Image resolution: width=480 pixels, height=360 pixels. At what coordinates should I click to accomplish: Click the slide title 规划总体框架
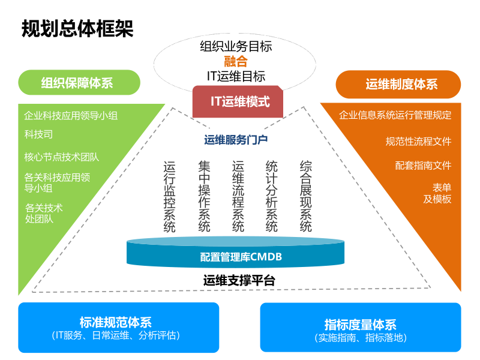[77, 29]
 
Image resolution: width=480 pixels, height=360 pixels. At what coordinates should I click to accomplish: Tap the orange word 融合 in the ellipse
[236, 61]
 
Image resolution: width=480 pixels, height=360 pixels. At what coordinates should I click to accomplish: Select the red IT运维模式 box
[240, 101]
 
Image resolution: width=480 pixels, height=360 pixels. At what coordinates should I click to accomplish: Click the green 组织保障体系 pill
[79, 83]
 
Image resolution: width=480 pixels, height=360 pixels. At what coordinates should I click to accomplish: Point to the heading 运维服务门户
[236, 140]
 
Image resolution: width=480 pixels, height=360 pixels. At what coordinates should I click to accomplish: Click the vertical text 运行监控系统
[170, 196]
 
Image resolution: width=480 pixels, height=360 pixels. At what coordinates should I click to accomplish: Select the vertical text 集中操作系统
[205, 196]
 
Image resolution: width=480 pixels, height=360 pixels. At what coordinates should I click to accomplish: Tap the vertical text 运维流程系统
[238, 196]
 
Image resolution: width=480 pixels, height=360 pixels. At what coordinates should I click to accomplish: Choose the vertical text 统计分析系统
[272, 196]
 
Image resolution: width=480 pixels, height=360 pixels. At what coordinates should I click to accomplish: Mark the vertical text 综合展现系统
[306, 196]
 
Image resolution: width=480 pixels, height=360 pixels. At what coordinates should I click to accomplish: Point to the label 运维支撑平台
[239, 280]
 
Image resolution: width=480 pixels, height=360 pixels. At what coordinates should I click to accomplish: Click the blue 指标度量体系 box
[360, 328]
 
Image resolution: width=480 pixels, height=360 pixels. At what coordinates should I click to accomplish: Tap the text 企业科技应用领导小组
[71, 115]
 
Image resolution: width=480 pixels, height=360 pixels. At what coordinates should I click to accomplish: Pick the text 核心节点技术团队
[61, 157]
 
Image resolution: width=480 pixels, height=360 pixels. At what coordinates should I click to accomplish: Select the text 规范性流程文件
[418, 142]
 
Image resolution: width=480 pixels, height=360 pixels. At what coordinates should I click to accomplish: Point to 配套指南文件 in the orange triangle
[423, 165]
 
